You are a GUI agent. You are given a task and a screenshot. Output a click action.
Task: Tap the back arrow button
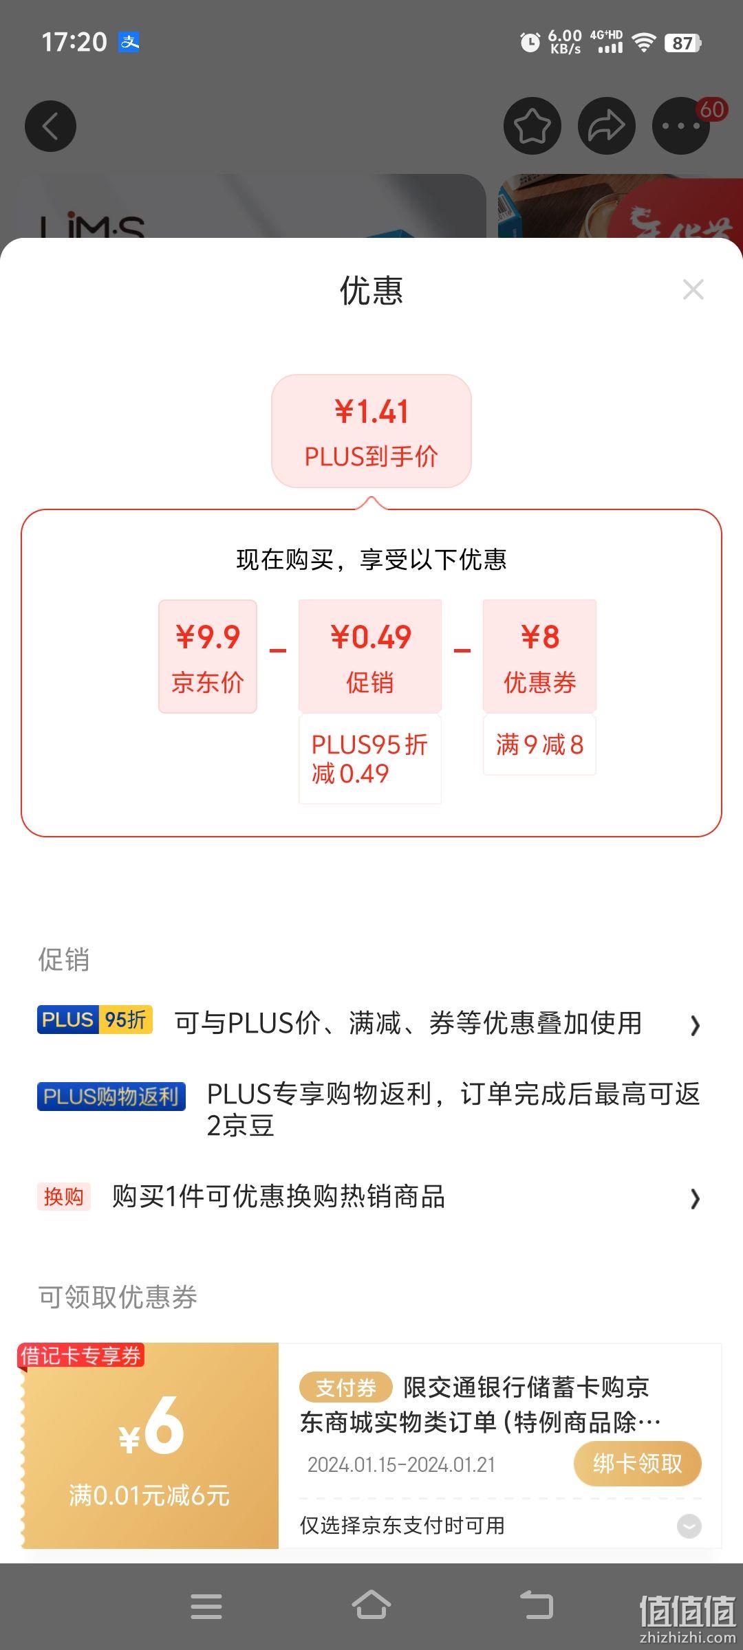tap(50, 126)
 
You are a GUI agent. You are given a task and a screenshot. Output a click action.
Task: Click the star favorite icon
tap(532, 126)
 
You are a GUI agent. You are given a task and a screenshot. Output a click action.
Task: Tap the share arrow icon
tap(606, 126)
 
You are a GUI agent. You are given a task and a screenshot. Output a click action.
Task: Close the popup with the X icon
tap(693, 289)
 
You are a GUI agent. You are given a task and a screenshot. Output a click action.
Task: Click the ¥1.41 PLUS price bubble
tap(371, 431)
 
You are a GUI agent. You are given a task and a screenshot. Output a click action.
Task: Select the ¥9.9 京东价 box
tap(208, 656)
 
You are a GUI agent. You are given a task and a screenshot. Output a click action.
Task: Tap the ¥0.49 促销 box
tap(370, 656)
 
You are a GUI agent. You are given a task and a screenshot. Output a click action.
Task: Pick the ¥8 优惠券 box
tap(539, 656)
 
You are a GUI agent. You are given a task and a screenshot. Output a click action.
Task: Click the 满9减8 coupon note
tap(539, 745)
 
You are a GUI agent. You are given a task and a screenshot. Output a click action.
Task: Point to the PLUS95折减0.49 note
tap(370, 759)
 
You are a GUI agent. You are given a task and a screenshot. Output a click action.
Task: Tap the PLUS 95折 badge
tap(95, 1020)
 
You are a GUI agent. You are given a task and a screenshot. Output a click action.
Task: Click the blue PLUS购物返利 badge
tap(111, 1096)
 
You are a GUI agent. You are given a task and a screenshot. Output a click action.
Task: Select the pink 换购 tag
tap(64, 1197)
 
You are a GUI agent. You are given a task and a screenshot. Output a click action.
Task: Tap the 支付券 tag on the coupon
tap(345, 1387)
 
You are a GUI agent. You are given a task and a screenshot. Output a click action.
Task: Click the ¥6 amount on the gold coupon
tap(151, 1426)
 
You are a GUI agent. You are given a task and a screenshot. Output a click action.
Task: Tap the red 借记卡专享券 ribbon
tap(81, 1356)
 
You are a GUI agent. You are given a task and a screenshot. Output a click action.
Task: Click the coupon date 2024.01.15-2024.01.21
tap(401, 1465)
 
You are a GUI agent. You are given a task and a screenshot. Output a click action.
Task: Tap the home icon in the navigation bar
tap(371, 1605)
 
